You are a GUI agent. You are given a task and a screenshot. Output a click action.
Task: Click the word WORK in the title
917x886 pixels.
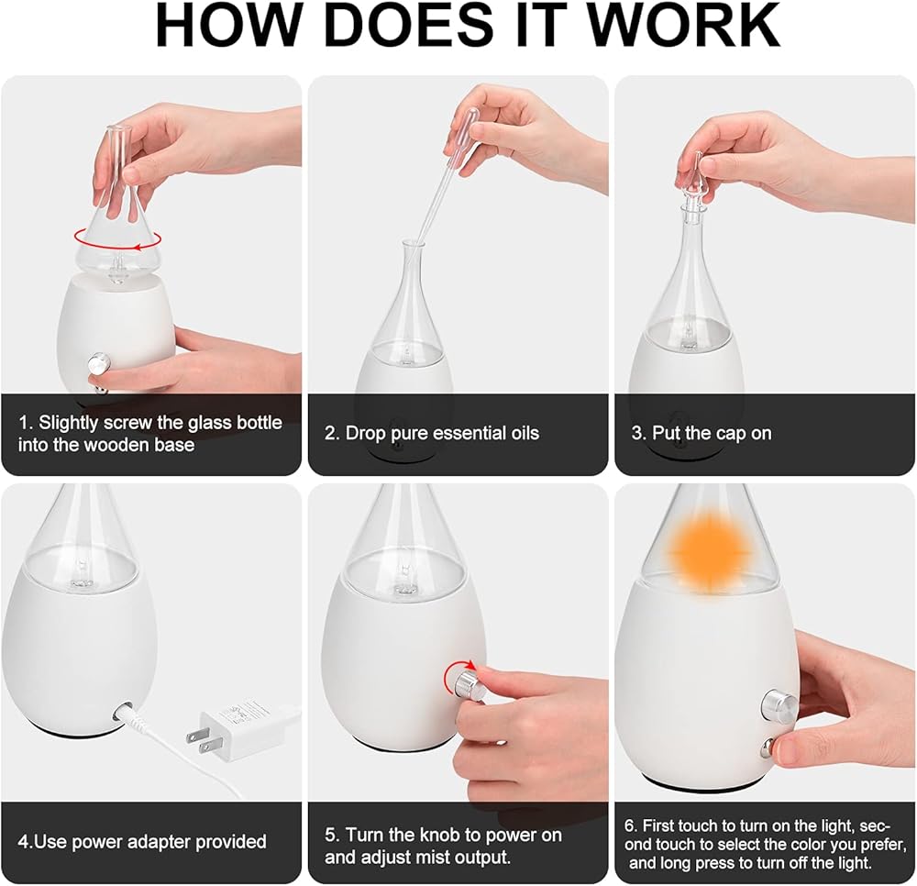pyautogui.click(x=682, y=26)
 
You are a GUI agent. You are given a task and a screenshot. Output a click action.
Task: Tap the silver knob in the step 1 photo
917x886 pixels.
pyautogui.click(x=98, y=363)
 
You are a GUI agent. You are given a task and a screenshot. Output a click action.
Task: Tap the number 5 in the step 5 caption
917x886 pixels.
pyautogui.click(x=330, y=836)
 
